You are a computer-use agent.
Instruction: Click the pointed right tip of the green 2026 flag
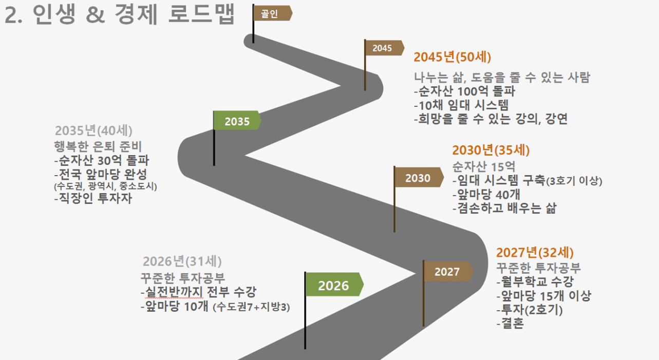click(x=364, y=284)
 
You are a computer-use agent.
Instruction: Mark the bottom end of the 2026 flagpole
click(x=305, y=349)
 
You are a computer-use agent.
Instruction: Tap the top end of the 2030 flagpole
click(x=394, y=166)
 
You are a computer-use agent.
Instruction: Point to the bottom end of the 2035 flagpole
click(x=214, y=165)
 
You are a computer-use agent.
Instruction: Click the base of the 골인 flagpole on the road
click(x=253, y=43)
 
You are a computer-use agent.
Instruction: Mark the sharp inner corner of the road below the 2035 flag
click(x=245, y=155)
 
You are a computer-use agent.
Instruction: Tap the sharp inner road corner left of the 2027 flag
click(x=416, y=274)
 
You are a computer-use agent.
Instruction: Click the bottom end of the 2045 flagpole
click(x=365, y=90)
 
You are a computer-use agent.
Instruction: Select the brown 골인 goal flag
click(x=272, y=13)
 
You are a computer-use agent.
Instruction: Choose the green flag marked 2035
click(x=237, y=120)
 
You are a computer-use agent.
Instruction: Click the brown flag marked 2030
click(x=419, y=177)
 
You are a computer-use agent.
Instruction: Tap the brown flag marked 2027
click(x=448, y=271)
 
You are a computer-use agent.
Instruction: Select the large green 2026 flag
click(x=335, y=284)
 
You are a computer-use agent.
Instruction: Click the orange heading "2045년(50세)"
click(x=452, y=57)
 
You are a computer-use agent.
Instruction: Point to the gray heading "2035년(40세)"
click(x=93, y=130)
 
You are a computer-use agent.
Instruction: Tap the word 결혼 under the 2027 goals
click(x=512, y=323)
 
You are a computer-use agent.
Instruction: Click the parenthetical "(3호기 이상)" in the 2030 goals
click(x=574, y=181)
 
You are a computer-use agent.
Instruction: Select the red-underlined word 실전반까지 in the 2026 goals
click(x=174, y=292)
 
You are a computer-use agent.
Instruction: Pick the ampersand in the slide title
click(x=96, y=15)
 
